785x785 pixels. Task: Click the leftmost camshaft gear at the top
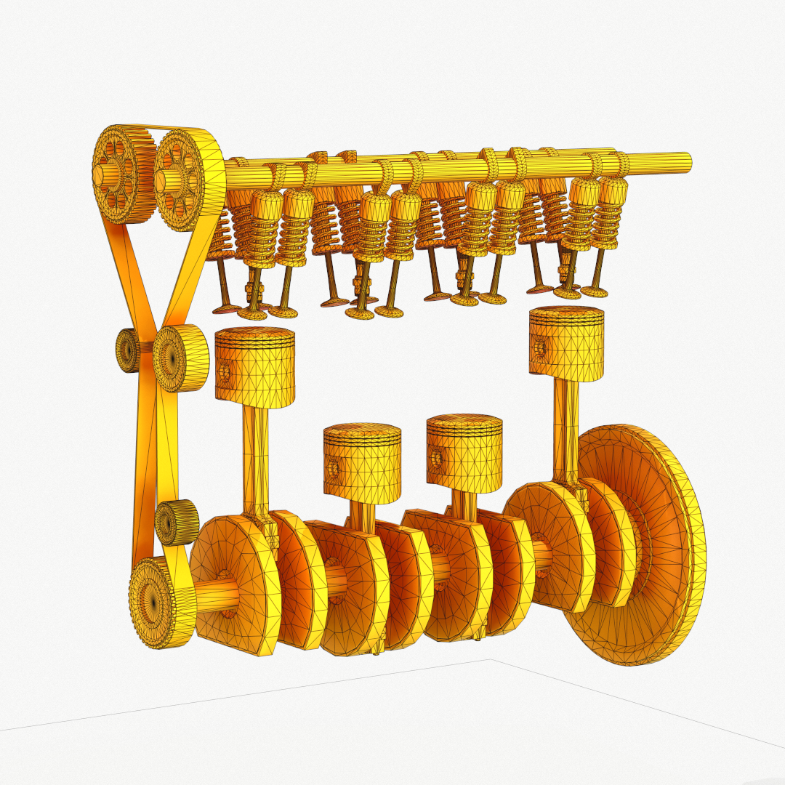click(x=116, y=175)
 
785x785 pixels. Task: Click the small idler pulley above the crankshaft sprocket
click(x=177, y=522)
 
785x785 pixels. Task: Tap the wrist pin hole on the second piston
click(x=334, y=469)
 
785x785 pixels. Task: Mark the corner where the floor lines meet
click(x=490, y=660)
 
